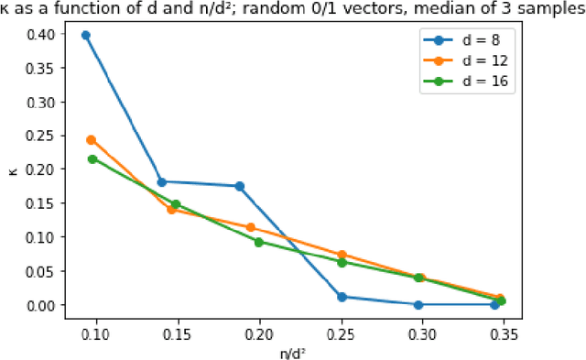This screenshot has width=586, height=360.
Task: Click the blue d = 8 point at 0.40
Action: coord(86,35)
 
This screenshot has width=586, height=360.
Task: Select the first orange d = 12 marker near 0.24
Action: coord(91,140)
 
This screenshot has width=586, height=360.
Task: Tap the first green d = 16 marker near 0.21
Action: coord(92,159)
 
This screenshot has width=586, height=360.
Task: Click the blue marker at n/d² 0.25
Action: coord(342,297)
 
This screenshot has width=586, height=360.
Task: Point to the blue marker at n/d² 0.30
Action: coord(418,304)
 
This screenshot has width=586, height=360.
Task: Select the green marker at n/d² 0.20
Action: coord(259,242)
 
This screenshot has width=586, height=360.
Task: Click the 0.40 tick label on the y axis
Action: coord(41,34)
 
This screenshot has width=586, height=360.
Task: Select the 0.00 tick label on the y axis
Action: coord(41,304)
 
